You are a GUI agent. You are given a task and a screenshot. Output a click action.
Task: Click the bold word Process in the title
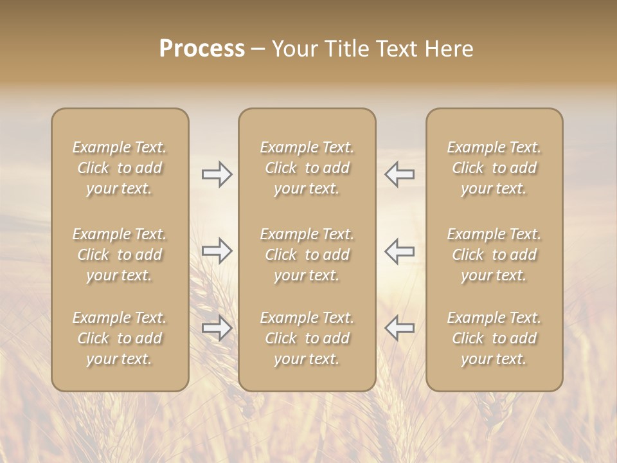202,49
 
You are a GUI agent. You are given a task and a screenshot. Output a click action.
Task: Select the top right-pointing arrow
217,174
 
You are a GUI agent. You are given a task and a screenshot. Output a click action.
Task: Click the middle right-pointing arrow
217,251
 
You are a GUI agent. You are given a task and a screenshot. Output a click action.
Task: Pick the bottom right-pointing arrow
217,328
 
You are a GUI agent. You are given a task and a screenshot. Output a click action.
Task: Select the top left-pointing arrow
400,174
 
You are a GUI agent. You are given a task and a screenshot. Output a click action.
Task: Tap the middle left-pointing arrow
400,251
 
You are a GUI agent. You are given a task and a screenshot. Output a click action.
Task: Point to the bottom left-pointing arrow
400,328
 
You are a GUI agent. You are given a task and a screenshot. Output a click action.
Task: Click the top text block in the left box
120,168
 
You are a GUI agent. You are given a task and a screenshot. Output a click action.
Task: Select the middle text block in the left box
120,255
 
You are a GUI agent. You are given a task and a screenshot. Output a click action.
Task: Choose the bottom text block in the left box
120,338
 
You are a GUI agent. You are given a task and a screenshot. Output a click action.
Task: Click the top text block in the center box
307,168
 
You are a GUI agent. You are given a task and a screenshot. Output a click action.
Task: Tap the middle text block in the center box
307,255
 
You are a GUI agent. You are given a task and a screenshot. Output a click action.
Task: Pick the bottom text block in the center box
307,338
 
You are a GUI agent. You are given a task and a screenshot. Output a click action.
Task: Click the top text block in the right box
494,168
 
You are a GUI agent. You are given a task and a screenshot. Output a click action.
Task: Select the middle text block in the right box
494,255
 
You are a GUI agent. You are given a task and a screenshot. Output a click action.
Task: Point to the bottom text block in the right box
494,338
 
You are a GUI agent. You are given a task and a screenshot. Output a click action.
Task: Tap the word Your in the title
293,49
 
